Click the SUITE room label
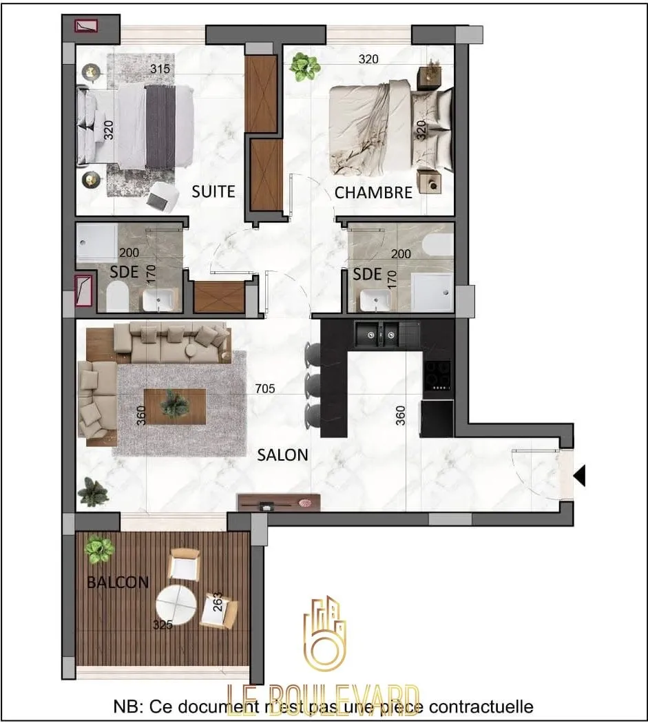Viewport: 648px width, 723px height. [x=213, y=191]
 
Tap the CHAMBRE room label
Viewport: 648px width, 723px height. [x=373, y=193]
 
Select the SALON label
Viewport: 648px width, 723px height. [x=282, y=455]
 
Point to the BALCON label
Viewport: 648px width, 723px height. [x=118, y=583]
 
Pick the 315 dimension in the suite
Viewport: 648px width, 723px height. [x=160, y=69]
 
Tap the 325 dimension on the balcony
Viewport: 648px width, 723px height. [x=163, y=625]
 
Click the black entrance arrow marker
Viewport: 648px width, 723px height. [x=580, y=474]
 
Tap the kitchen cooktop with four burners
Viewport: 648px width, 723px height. [x=437, y=375]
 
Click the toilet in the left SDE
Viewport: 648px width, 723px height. [x=118, y=298]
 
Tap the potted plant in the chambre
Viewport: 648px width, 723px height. [x=304, y=66]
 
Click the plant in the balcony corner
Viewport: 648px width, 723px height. [x=100, y=549]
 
